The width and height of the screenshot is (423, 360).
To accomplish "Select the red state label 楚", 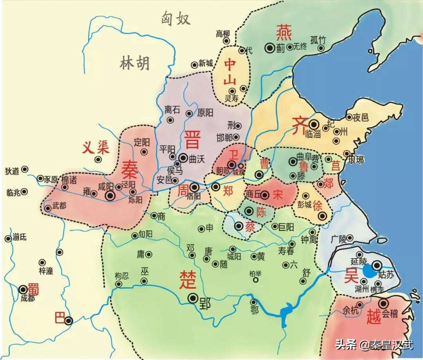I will pyautogui.click(x=186, y=279).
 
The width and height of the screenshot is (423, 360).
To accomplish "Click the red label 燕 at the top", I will pyautogui.click(x=284, y=33).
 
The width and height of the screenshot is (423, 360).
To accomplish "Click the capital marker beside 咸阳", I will pyautogui.click(x=110, y=196).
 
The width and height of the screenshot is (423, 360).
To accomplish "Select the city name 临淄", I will pyautogui.click(x=312, y=134).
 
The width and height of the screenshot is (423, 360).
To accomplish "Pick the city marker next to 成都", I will pyautogui.click(x=23, y=290).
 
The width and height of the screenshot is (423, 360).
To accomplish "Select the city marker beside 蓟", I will pyautogui.click(x=270, y=47).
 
